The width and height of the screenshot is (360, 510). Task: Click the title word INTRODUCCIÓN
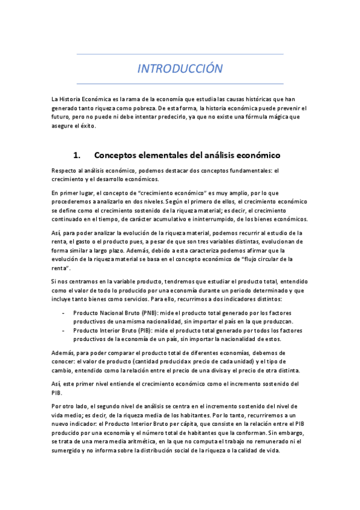click(x=180, y=69)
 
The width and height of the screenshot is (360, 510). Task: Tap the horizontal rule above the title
click(x=180, y=55)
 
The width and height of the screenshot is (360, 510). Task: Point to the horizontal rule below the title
click(x=180, y=83)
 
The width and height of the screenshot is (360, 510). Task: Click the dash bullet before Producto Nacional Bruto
click(x=64, y=314)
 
